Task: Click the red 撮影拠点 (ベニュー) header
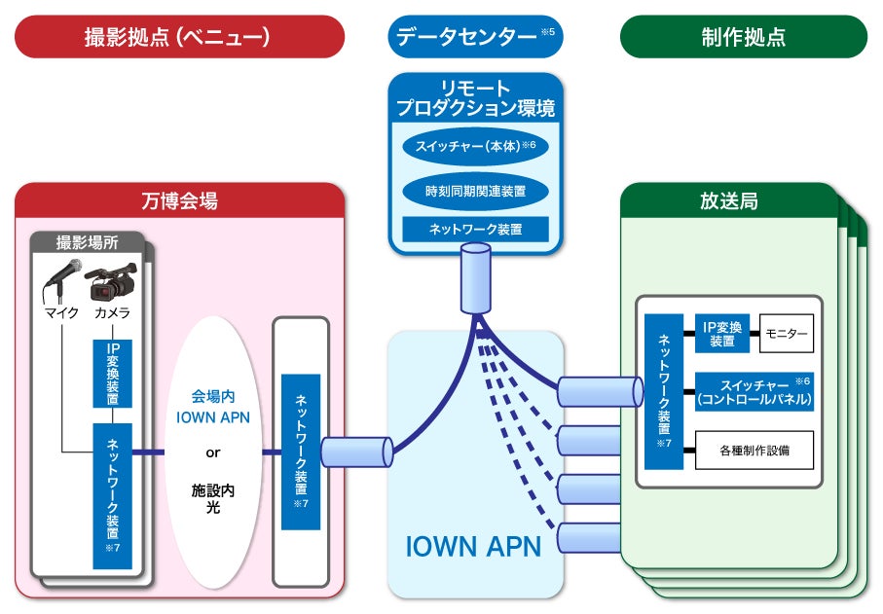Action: (x=179, y=37)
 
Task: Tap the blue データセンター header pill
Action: (x=475, y=37)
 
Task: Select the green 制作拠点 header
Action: (x=743, y=37)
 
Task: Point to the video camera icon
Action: (x=113, y=280)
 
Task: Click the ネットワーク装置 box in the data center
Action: (x=475, y=230)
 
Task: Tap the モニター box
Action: (x=786, y=333)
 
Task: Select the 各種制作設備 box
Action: (x=754, y=450)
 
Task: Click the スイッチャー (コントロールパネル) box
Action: (x=754, y=391)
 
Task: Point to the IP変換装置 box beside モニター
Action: (x=721, y=333)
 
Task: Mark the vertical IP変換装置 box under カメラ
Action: (x=112, y=374)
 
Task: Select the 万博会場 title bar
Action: (x=179, y=201)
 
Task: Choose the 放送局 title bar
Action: (x=728, y=201)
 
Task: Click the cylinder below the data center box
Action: (x=475, y=278)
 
